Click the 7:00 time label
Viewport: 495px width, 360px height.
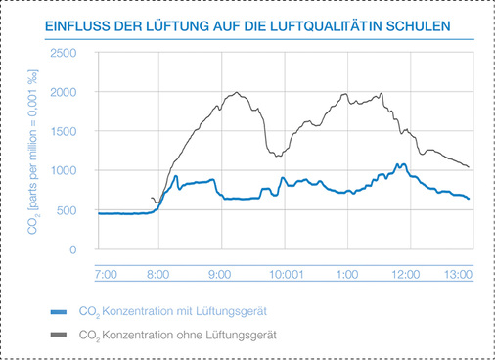click(107, 275)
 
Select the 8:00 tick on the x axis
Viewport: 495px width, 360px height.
click(157, 275)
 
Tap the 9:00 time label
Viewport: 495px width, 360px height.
click(220, 275)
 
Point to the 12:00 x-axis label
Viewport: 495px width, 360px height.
click(404, 275)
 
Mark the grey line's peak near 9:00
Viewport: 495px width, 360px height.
click(237, 93)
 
